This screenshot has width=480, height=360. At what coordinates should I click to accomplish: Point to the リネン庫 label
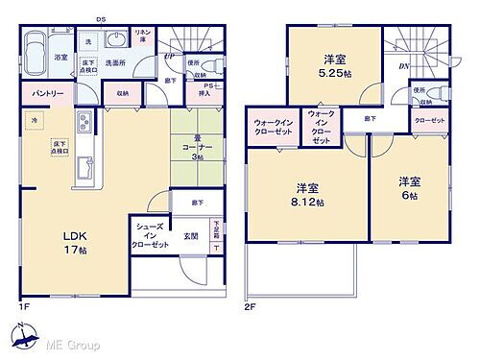(145, 37)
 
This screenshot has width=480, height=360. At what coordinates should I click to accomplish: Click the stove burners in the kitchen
(83, 125)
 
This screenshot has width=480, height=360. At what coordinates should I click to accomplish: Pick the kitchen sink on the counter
(83, 164)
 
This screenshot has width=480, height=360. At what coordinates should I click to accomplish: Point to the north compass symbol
(21, 336)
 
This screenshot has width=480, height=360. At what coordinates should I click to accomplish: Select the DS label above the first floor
(101, 18)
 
